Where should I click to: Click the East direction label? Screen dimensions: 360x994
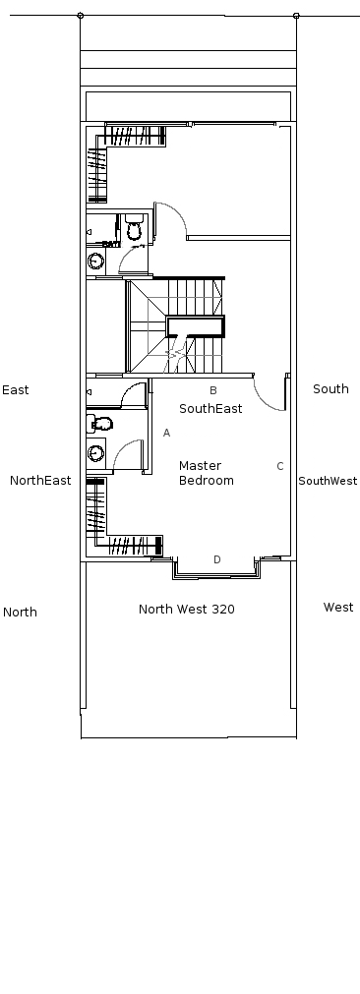(x=15, y=390)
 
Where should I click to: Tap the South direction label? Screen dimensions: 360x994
(x=330, y=388)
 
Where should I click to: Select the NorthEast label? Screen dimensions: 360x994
(x=40, y=481)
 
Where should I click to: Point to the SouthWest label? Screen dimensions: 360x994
(x=328, y=481)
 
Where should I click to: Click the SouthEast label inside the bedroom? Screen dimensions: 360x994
(x=210, y=409)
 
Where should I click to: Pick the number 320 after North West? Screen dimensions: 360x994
(x=223, y=610)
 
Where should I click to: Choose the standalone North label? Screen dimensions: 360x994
(x=20, y=613)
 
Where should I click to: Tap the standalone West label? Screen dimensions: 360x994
(x=338, y=608)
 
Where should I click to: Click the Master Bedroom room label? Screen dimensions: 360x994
(x=206, y=473)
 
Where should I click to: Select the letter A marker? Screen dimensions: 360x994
(x=166, y=433)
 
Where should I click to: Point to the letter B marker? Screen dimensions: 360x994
(x=213, y=390)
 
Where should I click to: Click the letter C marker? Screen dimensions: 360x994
(x=280, y=466)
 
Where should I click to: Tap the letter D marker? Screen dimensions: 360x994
(x=216, y=559)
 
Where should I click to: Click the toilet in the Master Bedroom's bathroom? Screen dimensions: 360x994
(x=100, y=423)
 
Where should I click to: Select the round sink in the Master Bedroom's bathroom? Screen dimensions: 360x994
(x=95, y=453)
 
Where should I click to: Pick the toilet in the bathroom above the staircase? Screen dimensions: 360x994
(x=135, y=227)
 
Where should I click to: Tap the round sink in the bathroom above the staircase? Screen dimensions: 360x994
(x=95, y=260)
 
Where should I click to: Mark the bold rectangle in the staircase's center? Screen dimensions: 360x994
(x=195, y=326)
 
